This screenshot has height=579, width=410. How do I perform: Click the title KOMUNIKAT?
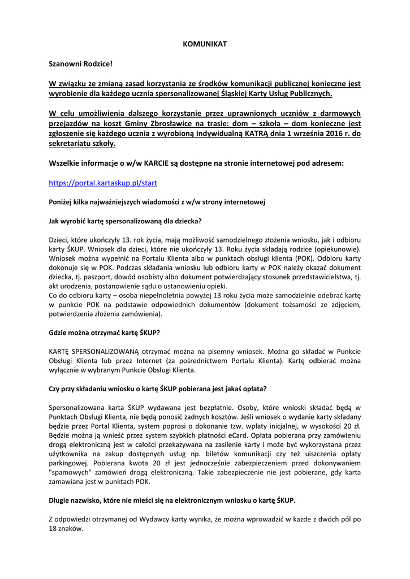[205, 44]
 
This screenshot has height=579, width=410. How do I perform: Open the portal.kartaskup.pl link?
[103, 183]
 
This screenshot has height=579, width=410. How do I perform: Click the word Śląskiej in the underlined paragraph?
[242, 93]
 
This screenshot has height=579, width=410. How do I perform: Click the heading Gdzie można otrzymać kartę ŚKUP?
[107, 332]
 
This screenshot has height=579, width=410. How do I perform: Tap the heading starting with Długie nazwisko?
[172, 500]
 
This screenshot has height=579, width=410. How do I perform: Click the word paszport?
[94, 277]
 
